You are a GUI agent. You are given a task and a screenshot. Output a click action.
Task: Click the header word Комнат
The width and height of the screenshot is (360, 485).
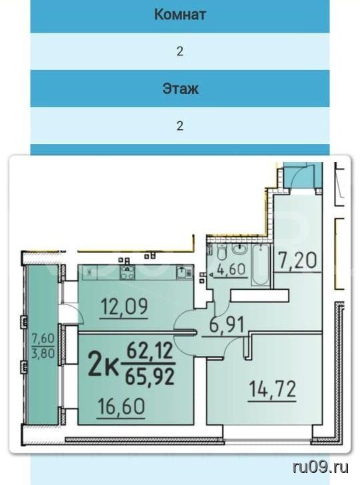(x=180, y=15)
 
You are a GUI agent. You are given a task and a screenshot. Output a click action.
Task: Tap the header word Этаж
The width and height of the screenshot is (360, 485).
(x=180, y=89)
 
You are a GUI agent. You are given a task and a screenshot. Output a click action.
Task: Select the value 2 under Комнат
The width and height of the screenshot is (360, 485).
(x=180, y=51)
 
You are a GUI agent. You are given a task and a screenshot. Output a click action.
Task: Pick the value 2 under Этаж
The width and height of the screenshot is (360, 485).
(x=180, y=125)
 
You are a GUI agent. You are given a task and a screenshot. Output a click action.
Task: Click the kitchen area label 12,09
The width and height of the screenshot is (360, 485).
(x=125, y=306)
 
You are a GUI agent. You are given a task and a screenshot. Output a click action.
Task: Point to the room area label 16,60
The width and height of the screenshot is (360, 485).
(x=121, y=406)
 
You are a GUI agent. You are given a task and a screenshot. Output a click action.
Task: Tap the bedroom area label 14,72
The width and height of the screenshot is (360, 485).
(x=273, y=389)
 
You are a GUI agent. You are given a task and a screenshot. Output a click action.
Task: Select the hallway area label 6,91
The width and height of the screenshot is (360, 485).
(x=227, y=325)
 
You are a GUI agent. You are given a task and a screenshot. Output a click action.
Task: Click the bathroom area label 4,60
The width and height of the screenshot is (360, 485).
(x=231, y=269)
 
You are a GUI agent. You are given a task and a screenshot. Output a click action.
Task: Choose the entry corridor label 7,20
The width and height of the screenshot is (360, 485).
(x=297, y=260)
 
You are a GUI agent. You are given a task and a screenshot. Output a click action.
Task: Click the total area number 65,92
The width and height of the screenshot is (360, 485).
(x=150, y=377)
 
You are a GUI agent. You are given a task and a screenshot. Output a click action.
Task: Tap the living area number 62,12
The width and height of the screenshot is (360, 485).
(x=149, y=351)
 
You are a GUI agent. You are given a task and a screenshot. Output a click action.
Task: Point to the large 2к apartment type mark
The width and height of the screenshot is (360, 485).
(x=103, y=364)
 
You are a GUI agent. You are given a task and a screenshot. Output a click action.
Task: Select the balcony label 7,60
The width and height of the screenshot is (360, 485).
(x=43, y=338)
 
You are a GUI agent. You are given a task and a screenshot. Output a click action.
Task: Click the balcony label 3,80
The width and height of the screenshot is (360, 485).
(x=43, y=352)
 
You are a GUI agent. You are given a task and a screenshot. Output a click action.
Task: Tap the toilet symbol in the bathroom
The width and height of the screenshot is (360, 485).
(x=221, y=251)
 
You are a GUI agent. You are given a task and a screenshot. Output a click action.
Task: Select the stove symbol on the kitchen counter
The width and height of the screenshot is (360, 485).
(x=127, y=272)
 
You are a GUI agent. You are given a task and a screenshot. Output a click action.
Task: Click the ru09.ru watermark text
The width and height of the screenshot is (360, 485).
(x=321, y=467)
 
